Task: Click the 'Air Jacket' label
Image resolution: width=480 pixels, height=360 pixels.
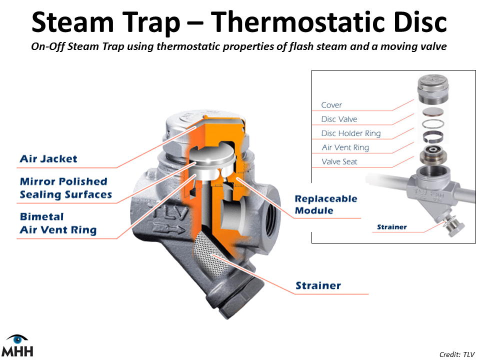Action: coord(48,159)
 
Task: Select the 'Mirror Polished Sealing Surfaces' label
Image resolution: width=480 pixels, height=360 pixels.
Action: coord(66,188)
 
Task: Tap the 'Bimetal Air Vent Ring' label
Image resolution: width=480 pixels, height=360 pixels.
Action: coord(58,223)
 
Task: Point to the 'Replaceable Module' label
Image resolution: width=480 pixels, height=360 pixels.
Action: coord(326,204)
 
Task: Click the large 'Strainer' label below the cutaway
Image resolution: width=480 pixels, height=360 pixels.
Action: coord(318,285)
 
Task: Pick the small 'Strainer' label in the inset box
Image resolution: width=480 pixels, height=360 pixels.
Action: coord(392,227)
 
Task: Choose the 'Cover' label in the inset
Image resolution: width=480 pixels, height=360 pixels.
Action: coord(331,105)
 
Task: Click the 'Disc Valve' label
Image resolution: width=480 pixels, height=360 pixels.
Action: coord(339,119)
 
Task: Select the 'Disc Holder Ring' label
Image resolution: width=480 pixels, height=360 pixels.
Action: coord(351,133)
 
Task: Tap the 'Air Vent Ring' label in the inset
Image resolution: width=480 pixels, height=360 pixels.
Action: coord(345,147)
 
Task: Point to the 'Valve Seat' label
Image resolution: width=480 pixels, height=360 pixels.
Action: coord(339,161)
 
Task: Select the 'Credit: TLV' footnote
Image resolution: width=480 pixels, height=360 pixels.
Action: coord(457,354)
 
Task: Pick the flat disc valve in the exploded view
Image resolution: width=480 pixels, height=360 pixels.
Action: coord(433,112)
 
